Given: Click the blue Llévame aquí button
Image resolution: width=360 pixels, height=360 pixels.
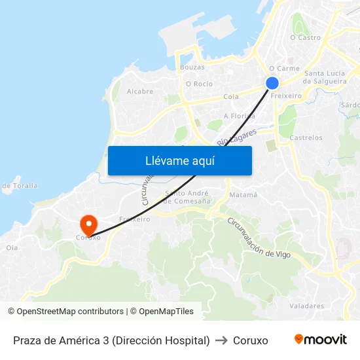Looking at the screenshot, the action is pos(179,160).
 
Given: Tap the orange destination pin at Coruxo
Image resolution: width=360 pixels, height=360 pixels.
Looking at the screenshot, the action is pos(88,224).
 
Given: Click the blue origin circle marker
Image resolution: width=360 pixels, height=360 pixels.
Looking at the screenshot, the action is pos(272,82).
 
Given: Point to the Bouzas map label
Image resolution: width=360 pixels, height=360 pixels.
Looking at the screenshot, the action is pos(192,67).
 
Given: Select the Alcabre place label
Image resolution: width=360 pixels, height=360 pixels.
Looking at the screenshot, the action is pos(140,92).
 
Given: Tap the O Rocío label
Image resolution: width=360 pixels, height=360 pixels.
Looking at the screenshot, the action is pos(199,84).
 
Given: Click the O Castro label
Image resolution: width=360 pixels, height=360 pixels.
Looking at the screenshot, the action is pos(305,37).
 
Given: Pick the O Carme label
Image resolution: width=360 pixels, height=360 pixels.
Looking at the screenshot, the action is pos(284,68).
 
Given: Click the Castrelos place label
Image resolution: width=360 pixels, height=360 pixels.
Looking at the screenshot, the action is pos(306,138).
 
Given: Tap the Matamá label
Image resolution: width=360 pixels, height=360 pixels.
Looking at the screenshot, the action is pos(243,195).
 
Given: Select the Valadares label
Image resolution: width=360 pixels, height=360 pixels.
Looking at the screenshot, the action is pos(306,306).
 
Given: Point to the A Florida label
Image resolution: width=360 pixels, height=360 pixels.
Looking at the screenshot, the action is pos(239,116).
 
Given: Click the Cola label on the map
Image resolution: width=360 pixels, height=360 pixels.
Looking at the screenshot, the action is pos(231,96).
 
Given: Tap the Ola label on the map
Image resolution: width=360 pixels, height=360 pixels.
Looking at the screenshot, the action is pos(12,247).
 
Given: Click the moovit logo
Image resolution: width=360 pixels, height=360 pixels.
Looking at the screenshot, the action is pos(320,340).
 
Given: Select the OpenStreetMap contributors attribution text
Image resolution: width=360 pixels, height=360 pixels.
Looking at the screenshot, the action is pos(70,312).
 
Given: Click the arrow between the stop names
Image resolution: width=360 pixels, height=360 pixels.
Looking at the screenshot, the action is pos(221,340).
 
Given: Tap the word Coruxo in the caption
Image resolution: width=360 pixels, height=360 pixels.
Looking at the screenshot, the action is pos(251,340).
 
